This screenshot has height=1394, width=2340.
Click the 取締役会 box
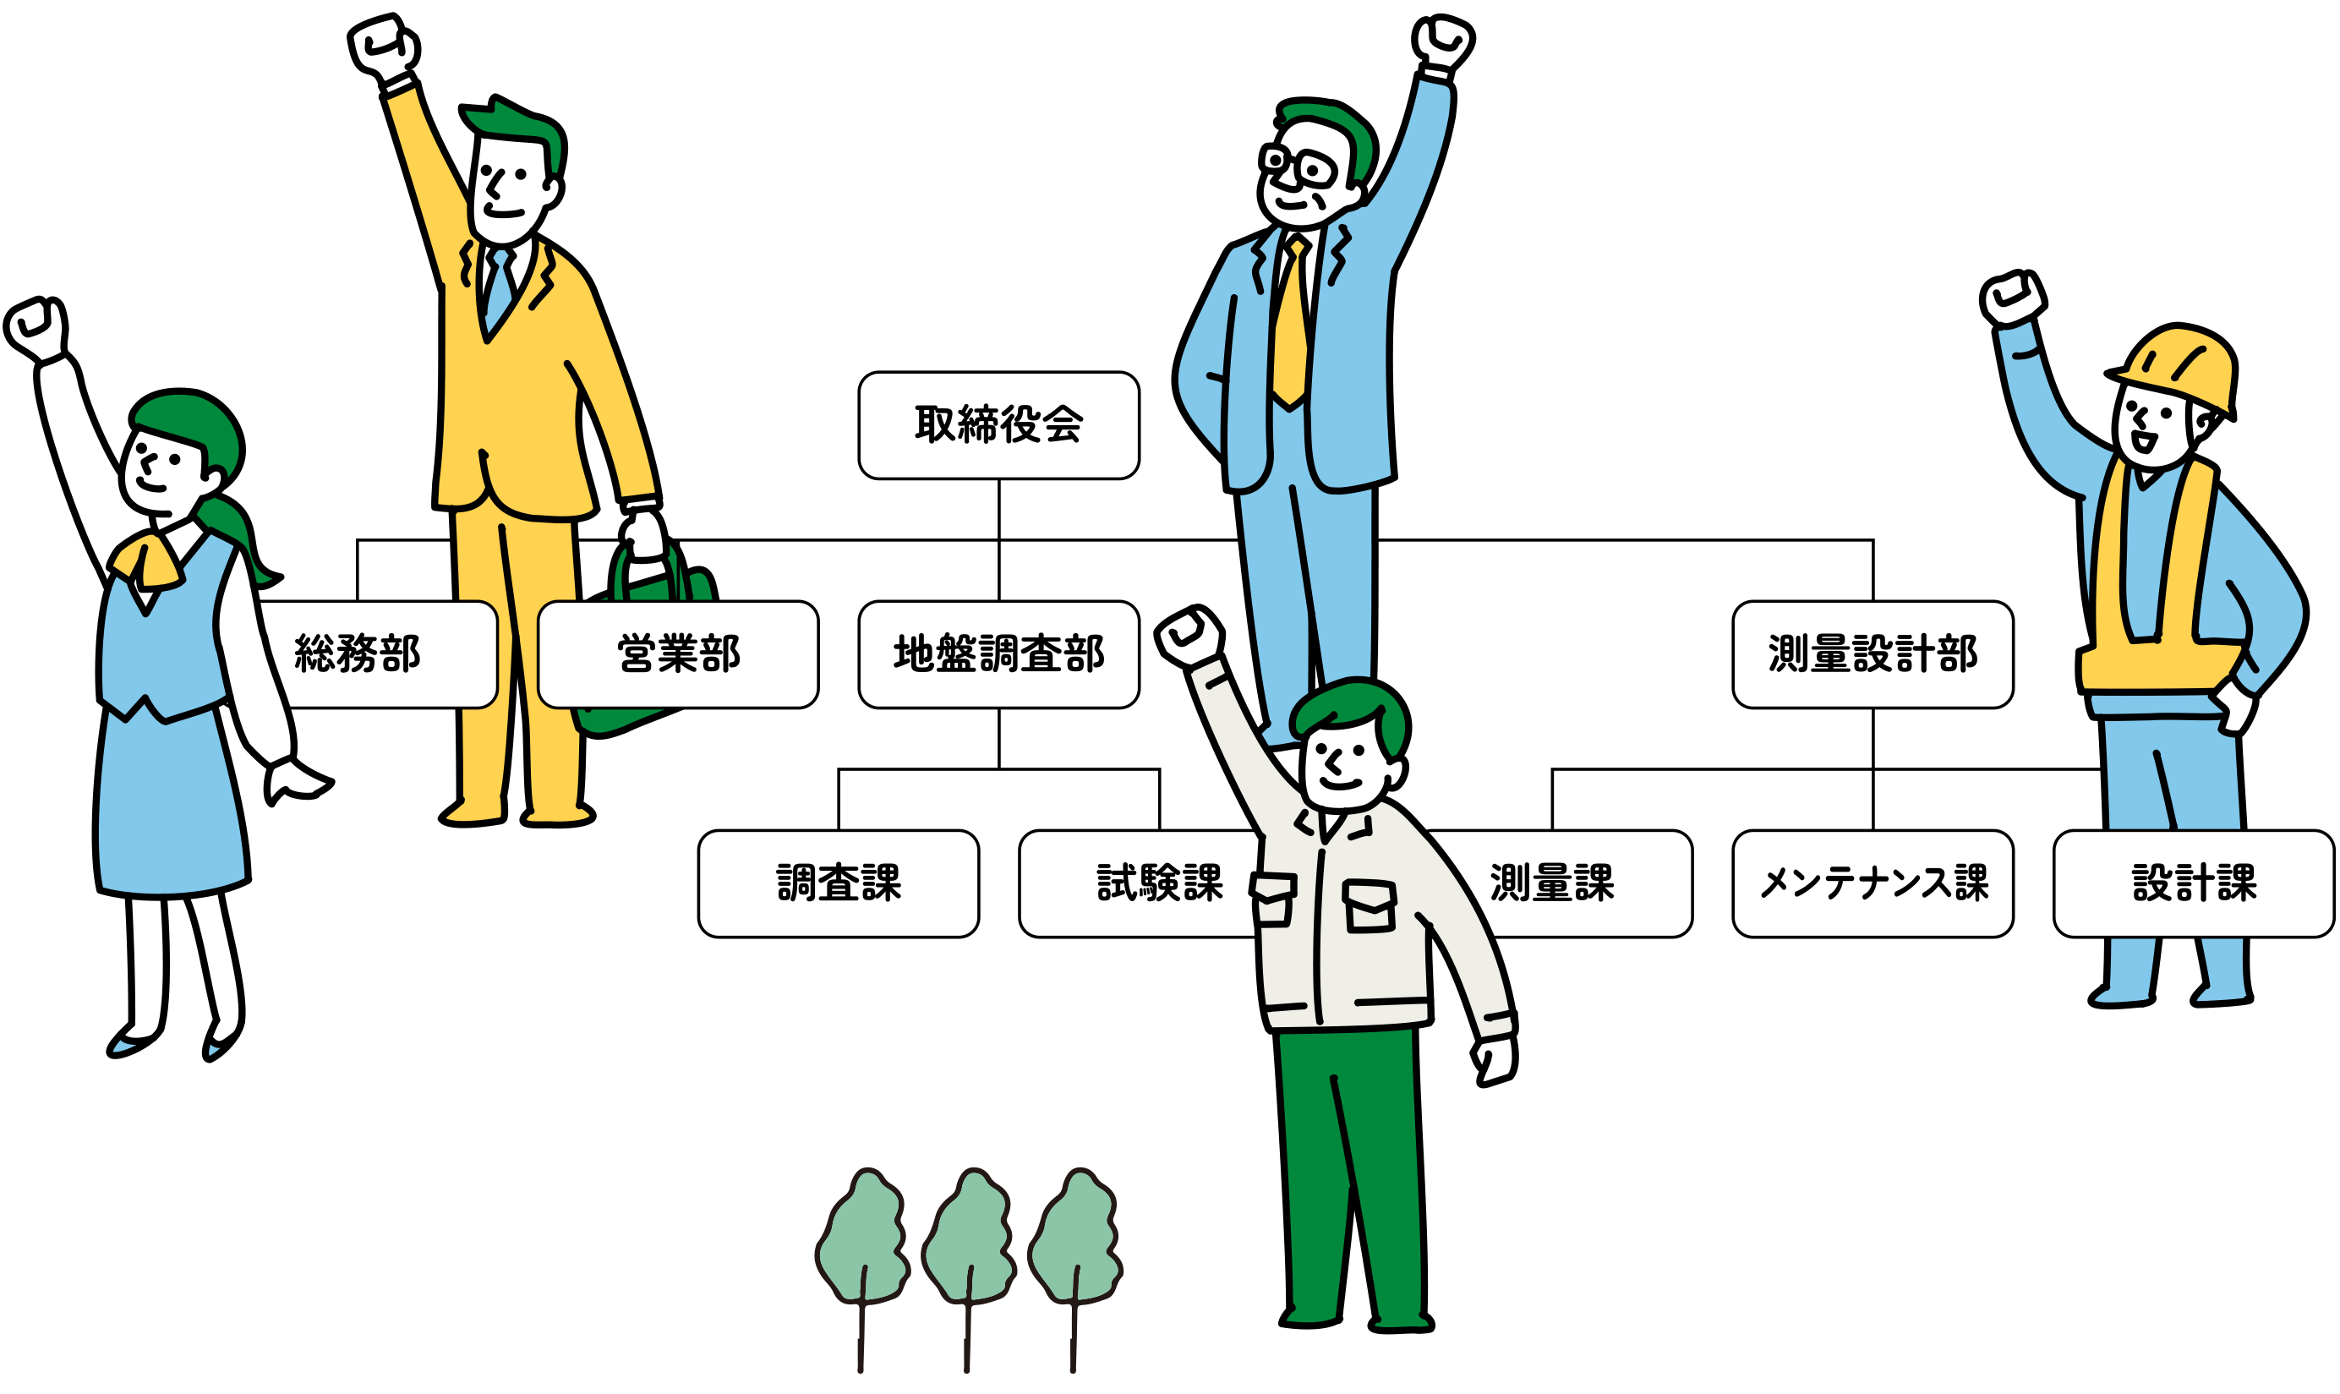tap(998, 425)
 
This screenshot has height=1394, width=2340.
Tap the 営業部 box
tap(678, 654)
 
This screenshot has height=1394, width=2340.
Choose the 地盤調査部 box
tap(998, 654)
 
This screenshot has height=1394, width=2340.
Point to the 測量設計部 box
tap(1873, 654)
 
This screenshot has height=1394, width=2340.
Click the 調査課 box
tap(838, 884)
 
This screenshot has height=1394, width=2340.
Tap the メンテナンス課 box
tap(1873, 884)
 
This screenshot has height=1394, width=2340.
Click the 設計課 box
tap(2194, 884)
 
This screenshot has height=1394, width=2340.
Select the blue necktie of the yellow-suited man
tap(499, 287)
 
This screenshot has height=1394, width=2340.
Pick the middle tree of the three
tap(969, 1240)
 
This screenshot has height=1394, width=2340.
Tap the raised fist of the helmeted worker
tap(2011, 299)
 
